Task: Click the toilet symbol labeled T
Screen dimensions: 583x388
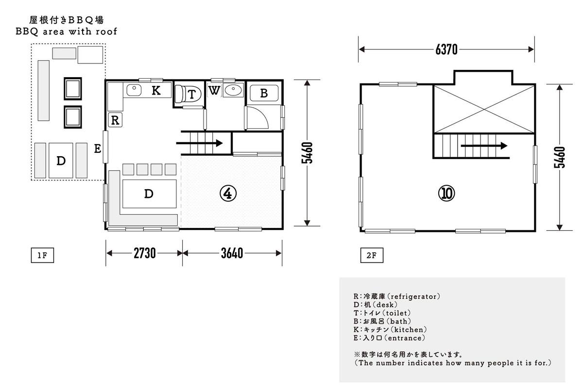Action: point(188,94)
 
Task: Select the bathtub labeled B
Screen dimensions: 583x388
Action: point(264,93)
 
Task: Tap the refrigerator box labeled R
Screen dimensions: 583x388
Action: point(115,120)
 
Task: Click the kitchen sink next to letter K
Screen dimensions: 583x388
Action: point(134,90)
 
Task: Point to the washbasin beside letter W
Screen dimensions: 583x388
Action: point(233,90)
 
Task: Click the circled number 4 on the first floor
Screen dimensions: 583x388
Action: point(228,194)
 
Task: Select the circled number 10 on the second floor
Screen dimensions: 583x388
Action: point(446,194)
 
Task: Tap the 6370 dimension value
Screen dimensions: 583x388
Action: point(446,49)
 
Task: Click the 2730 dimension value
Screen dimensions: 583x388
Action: point(145,253)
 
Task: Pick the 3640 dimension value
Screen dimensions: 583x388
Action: point(232,253)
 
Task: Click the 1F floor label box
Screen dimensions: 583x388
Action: point(42,255)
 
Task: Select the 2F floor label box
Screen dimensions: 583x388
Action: point(372,255)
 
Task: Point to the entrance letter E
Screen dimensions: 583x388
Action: point(98,148)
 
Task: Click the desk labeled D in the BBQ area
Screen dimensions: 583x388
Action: point(61,161)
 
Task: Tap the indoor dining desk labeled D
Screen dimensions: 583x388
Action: point(150,194)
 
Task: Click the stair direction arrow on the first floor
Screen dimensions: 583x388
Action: point(199,143)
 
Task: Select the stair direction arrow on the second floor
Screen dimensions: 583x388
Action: point(484,146)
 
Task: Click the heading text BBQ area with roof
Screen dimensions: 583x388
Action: point(67,32)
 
